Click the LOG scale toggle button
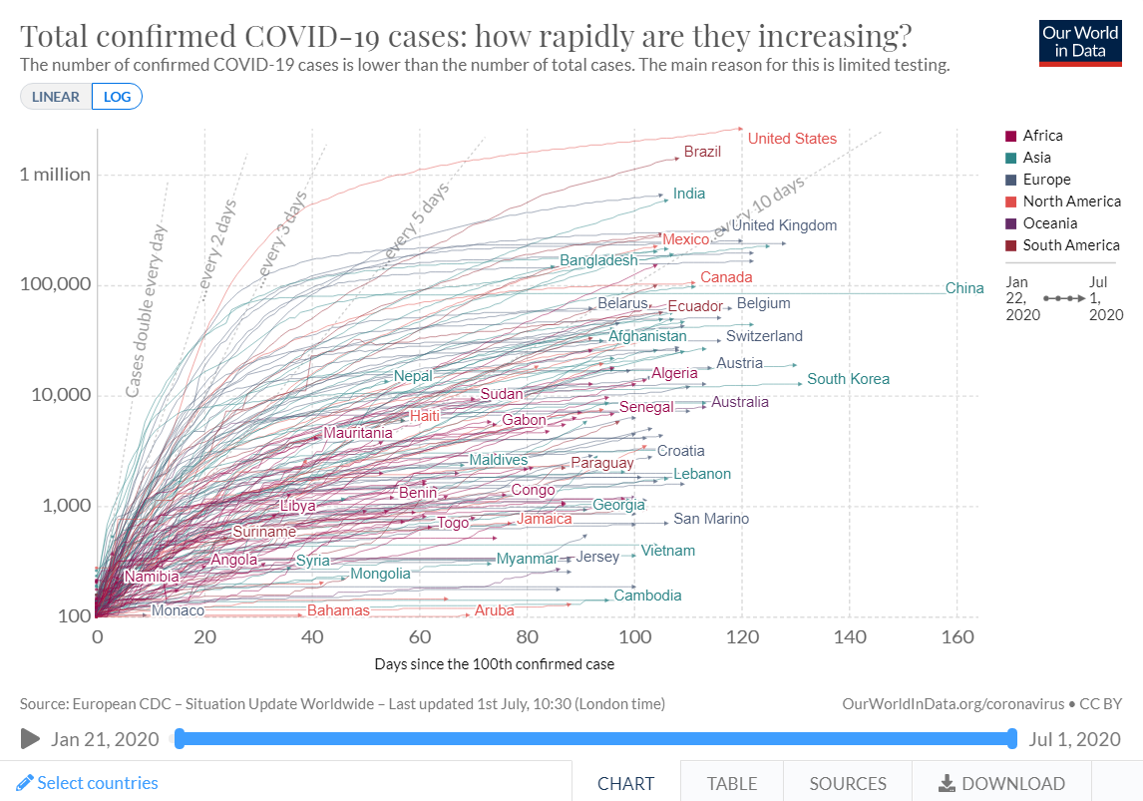[x=117, y=97]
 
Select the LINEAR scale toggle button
[x=56, y=97]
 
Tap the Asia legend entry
[x=1036, y=158]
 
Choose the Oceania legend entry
[x=1049, y=223]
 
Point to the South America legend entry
[x=1070, y=245]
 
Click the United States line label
[x=792, y=139]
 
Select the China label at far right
[x=964, y=288]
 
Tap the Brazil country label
[x=702, y=152]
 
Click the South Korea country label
[x=848, y=379]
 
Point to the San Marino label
[x=711, y=519]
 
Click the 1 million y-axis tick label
[x=55, y=175]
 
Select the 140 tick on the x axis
[x=850, y=637]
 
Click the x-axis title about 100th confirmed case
[x=495, y=663]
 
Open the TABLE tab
[x=732, y=783]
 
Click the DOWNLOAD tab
[x=1001, y=783]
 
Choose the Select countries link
[x=88, y=783]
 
